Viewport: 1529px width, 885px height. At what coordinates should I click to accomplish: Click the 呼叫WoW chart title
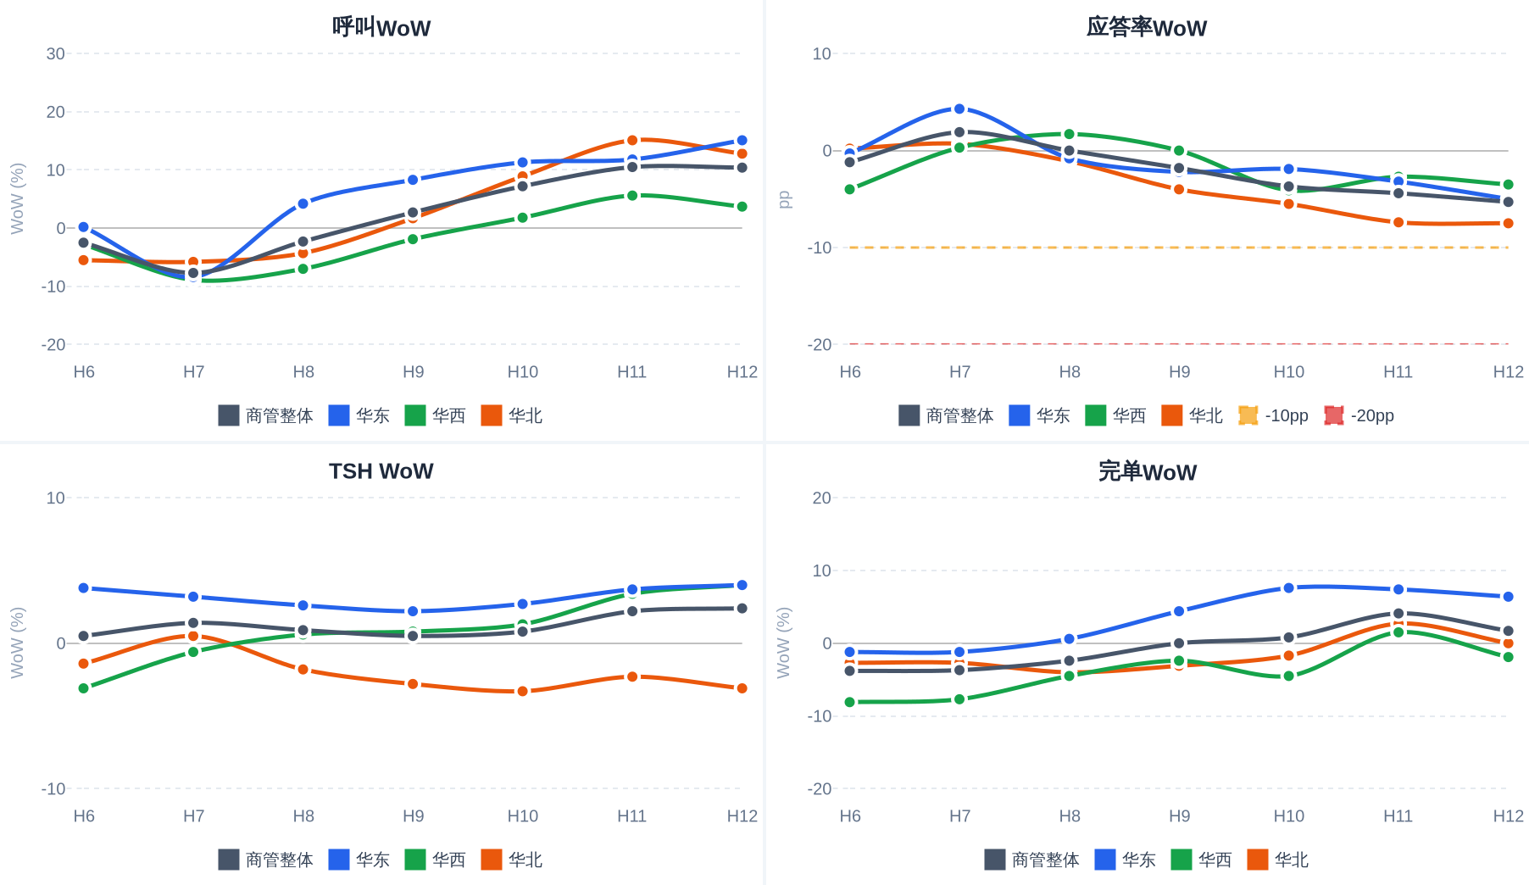381,27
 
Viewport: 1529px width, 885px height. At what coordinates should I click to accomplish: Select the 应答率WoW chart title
1147,27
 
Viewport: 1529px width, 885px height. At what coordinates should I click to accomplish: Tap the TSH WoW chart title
381,471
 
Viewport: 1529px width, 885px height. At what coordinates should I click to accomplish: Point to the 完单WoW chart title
1147,471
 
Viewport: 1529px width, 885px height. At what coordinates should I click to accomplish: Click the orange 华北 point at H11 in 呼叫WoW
632,140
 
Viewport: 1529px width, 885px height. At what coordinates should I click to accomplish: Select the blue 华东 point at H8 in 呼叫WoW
303,203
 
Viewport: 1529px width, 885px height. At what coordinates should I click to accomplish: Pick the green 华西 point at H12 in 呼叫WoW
742,207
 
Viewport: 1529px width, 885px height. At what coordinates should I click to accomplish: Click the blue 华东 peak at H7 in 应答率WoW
959,109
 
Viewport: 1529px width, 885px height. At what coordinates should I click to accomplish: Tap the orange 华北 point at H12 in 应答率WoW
1508,223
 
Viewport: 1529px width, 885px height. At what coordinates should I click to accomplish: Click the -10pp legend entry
1273,415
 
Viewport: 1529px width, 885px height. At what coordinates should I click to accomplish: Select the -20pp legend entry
1359,415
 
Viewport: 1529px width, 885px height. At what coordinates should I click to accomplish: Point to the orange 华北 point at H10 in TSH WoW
523,691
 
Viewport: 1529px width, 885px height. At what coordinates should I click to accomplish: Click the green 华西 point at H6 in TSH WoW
84,688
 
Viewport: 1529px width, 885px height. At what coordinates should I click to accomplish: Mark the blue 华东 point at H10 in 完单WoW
1288,587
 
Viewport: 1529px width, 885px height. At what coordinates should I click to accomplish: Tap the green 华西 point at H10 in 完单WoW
1288,676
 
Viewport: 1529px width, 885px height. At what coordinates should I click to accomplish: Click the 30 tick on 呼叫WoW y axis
56,53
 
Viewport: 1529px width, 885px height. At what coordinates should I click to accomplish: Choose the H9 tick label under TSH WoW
413,815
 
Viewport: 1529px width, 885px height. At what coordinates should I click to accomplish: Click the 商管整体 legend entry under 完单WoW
1031,860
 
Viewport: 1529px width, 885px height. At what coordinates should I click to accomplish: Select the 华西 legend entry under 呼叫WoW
435,415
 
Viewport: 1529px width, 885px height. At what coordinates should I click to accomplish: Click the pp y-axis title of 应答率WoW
784,199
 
